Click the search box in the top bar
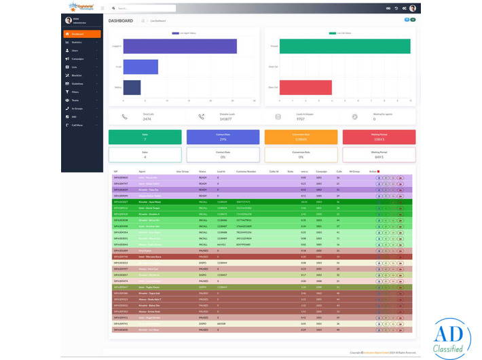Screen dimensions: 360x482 143,8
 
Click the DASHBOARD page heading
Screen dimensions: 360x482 121,21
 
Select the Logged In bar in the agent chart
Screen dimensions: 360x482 180,46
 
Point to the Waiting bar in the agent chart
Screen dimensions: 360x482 132,88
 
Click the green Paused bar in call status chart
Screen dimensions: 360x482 345,46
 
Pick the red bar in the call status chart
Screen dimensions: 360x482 305,88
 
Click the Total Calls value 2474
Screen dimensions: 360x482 147,119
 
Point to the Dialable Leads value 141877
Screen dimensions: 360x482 225,119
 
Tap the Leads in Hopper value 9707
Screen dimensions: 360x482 301,119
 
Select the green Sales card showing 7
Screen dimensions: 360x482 145,137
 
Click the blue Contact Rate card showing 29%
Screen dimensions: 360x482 223,137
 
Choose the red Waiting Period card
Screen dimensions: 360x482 379,137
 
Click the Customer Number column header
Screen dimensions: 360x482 246,171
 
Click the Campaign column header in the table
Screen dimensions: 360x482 322,171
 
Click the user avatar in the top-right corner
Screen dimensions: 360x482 413,8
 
